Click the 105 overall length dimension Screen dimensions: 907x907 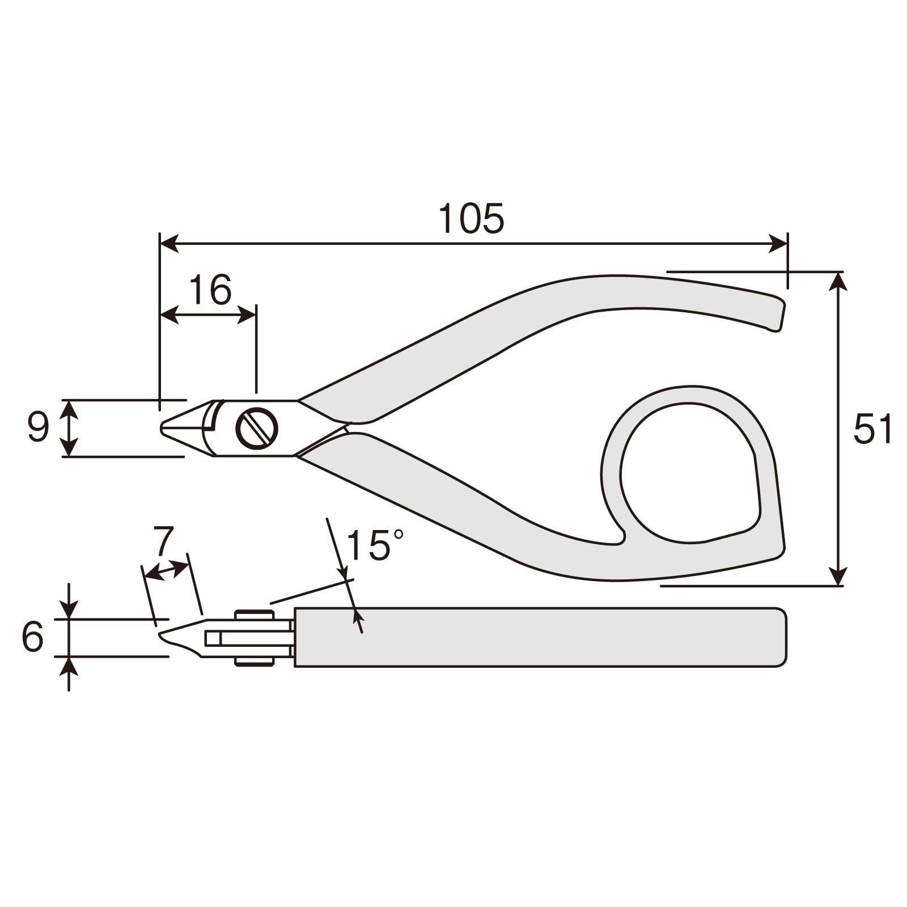pyautogui.click(x=472, y=218)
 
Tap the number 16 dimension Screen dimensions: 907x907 pyautogui.click(x=210, y=290)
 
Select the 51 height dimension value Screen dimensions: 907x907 pyautogui.click(x=873, y=429)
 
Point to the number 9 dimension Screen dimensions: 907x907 pyautogui.click(x=38, y=428)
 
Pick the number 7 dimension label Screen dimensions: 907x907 pyautogui.click(x=163, y=542)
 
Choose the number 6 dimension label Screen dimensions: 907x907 pyautogui.click(x=33, y=637)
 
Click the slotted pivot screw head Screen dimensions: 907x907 pyautogui.click(x=257, y=428)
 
